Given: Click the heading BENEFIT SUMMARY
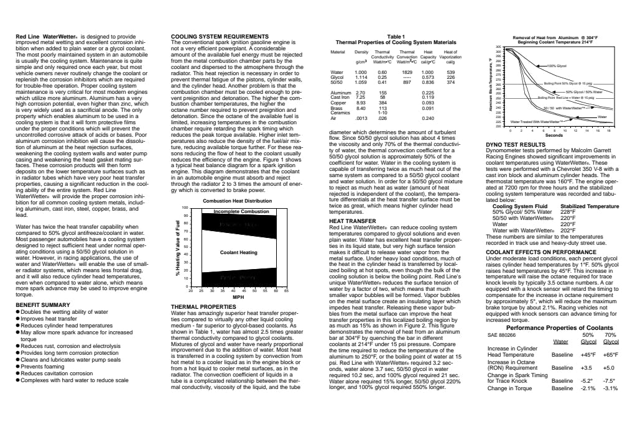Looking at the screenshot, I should (42, 305).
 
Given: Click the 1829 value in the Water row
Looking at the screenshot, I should (407, 73).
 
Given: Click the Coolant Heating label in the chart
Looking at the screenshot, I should (239, 252).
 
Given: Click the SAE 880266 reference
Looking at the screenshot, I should (501, 334).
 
